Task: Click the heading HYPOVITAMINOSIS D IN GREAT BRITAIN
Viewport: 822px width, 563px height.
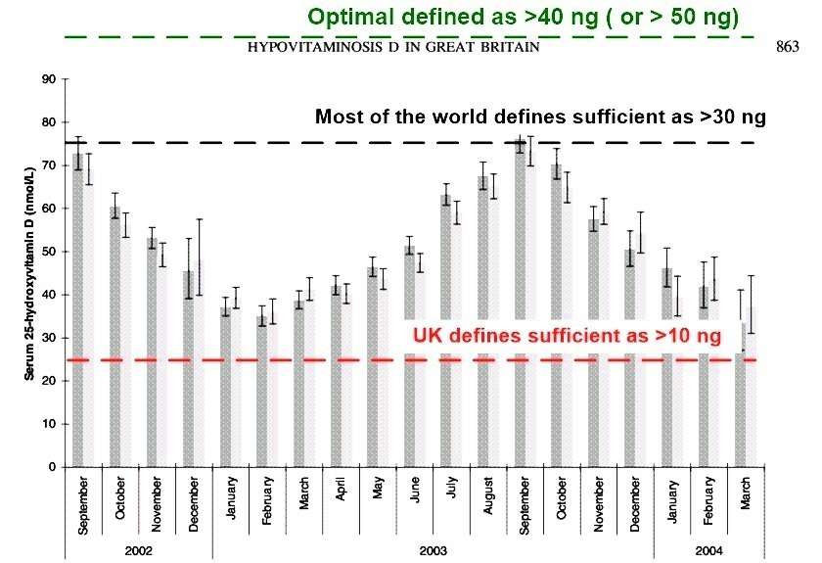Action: point(393,48)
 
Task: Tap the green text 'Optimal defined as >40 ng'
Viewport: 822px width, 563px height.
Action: point(524,17)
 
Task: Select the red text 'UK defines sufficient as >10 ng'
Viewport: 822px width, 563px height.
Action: point(568,336)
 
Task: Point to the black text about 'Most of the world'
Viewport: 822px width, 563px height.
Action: point(540,117)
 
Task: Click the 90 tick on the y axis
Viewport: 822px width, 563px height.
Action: point(47,79)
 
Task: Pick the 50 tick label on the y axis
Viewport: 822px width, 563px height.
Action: point(47,252)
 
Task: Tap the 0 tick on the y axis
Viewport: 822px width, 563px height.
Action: point(50,467)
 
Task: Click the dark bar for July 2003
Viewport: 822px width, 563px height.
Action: point(446,332)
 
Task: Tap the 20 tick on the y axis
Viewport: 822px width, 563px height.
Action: point(47,381)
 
